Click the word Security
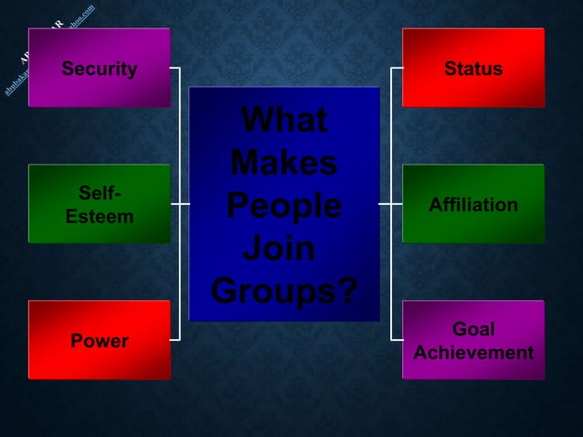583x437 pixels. [99, 69]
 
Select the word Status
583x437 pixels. [472, 69]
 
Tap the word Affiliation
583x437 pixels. [472, 205]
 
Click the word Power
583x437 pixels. [99, 341]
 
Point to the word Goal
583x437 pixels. [473, 329]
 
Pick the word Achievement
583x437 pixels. [473, 353]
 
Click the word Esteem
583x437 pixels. [99, 217]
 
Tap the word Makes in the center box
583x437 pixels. [283, 164]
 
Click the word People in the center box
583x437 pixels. [283, 206]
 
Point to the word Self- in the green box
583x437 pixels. [99, 193]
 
